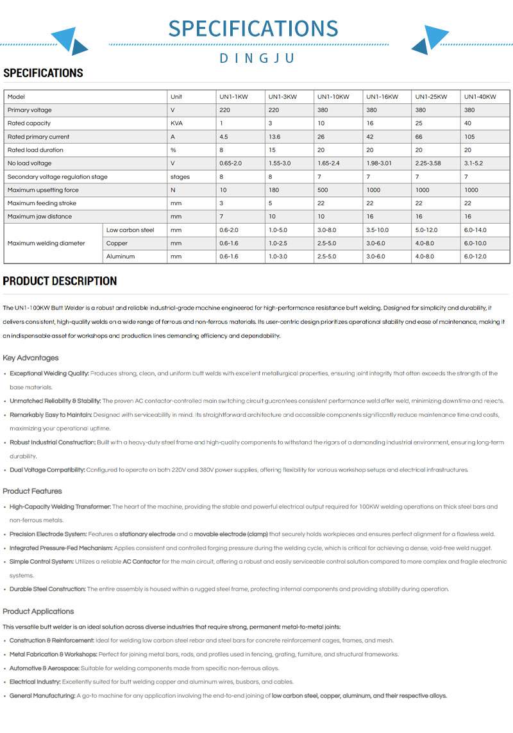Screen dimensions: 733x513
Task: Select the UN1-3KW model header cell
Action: (282, 97)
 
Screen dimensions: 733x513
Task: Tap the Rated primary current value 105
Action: (469, 137)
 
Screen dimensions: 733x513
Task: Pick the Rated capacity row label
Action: (29, 123)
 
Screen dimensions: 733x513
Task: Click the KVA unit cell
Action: (176, 123)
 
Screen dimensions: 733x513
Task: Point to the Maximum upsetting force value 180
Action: (274, 190)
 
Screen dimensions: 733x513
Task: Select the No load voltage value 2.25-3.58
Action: (429, 164)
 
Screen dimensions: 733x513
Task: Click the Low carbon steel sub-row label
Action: (130, 230)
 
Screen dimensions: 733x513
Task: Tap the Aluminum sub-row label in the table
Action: (121, 257)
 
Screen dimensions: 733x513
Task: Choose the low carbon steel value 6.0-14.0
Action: (475, 230)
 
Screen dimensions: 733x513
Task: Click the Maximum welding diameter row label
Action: (46, 243)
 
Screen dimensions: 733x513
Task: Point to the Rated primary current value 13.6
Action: (275, 137)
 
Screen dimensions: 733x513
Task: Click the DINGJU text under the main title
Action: (256, 58)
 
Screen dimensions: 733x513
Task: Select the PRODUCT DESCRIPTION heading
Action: (60, 281)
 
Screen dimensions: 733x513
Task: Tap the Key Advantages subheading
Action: (30, 358)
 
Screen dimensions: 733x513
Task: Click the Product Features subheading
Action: (32, 491)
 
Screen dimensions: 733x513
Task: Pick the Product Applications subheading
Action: (38, 611)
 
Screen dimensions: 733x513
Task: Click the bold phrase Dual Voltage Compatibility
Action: (47, 470)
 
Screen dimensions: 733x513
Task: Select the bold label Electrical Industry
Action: (35, 682)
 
